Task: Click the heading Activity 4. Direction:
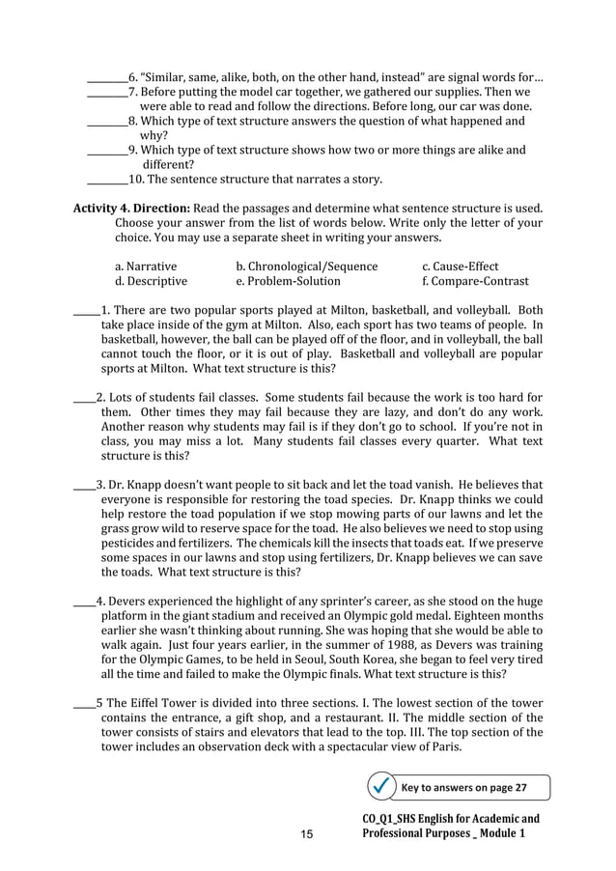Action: (132, 209)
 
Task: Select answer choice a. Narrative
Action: (146, 267)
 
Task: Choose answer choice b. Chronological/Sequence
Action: (306, 267)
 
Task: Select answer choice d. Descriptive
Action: (151, 282)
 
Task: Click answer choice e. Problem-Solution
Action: (288, 282)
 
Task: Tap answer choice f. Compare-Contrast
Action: (475, 282)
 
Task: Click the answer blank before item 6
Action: (106, 77)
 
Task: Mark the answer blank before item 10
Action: (106, 180)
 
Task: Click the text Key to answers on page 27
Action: (463, 788)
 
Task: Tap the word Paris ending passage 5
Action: (444, 747)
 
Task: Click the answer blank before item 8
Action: (106, 123)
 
